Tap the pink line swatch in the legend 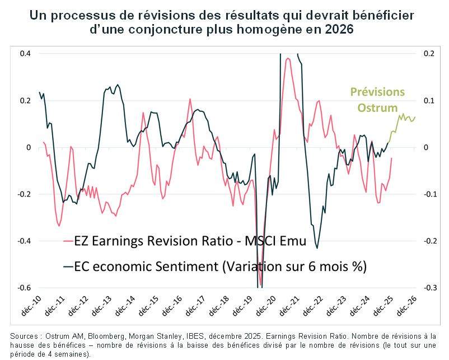coord(69,242)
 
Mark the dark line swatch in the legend coord(69,267)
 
